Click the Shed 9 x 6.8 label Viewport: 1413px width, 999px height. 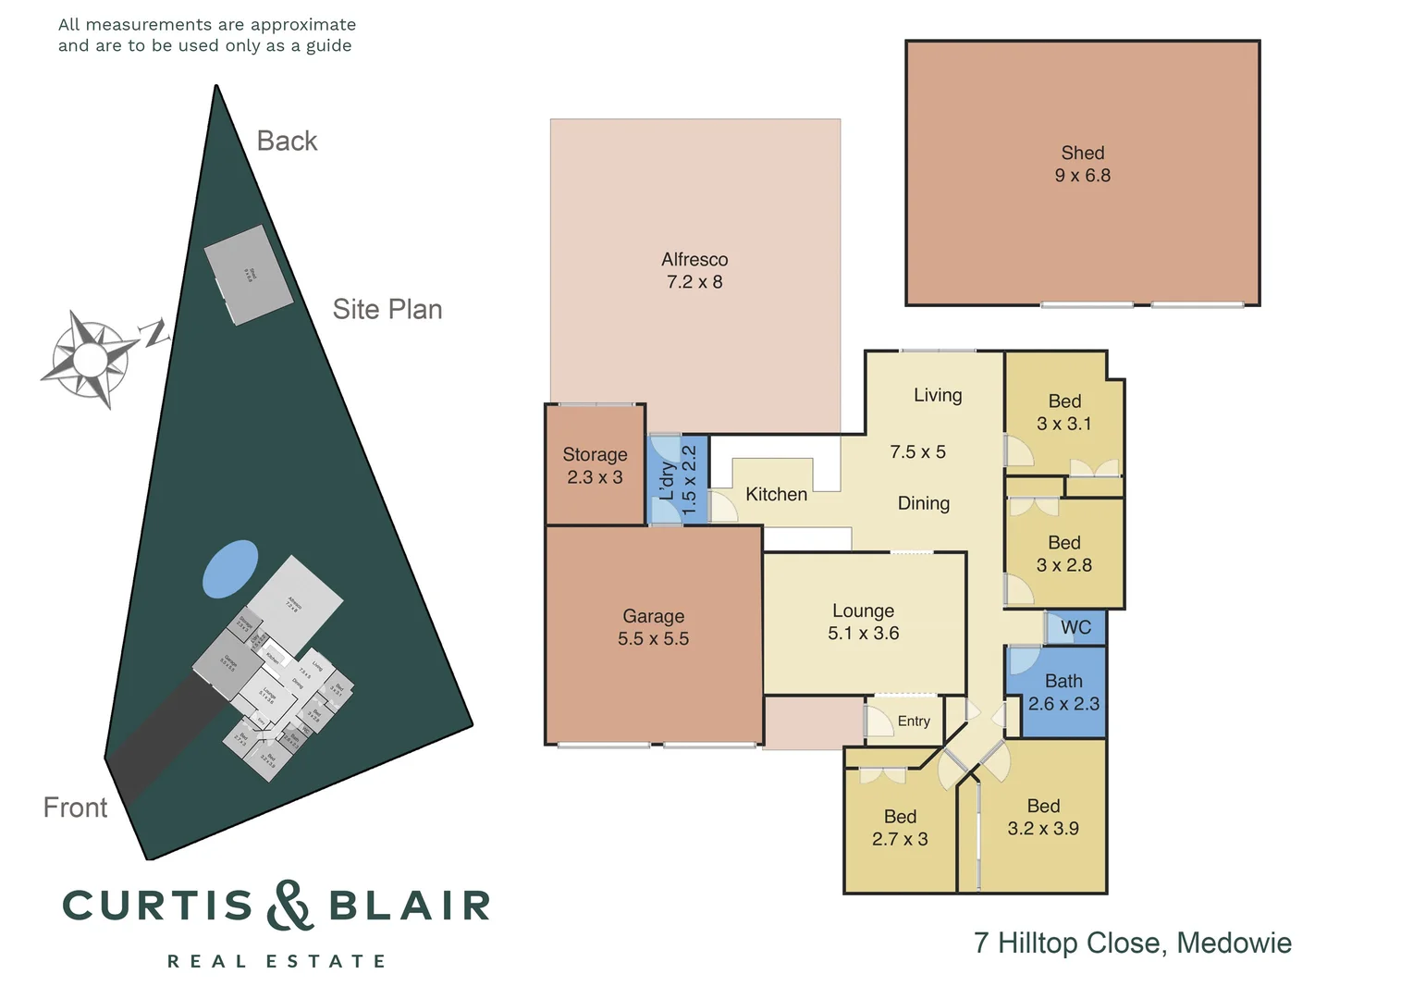coord(1082,165)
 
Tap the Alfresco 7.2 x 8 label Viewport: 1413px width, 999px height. coord(694,271)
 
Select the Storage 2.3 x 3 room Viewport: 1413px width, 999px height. coord(595,466)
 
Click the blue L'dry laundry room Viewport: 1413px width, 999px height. coord(679,480)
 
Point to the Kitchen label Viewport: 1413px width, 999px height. coord(776,495)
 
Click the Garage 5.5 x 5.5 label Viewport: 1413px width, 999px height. coord(653,628)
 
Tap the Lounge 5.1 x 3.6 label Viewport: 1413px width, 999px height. coord(863,623)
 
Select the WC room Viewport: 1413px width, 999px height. coord(1075,628)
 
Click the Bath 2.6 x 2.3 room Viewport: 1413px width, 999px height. coord(1063,693)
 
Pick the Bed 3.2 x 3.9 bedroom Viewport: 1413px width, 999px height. coord(1042,818)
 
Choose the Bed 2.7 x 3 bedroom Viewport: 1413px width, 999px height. coord(900,828)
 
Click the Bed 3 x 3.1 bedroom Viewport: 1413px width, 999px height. coord(1063,413)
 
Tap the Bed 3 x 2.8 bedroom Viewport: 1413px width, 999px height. coord(1063,554)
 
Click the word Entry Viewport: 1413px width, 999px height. coord(914,721)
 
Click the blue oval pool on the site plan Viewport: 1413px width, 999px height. coord(230,569)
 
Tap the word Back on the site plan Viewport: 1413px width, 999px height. coord(287,142)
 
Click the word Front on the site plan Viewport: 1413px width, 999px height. coord(75,808)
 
